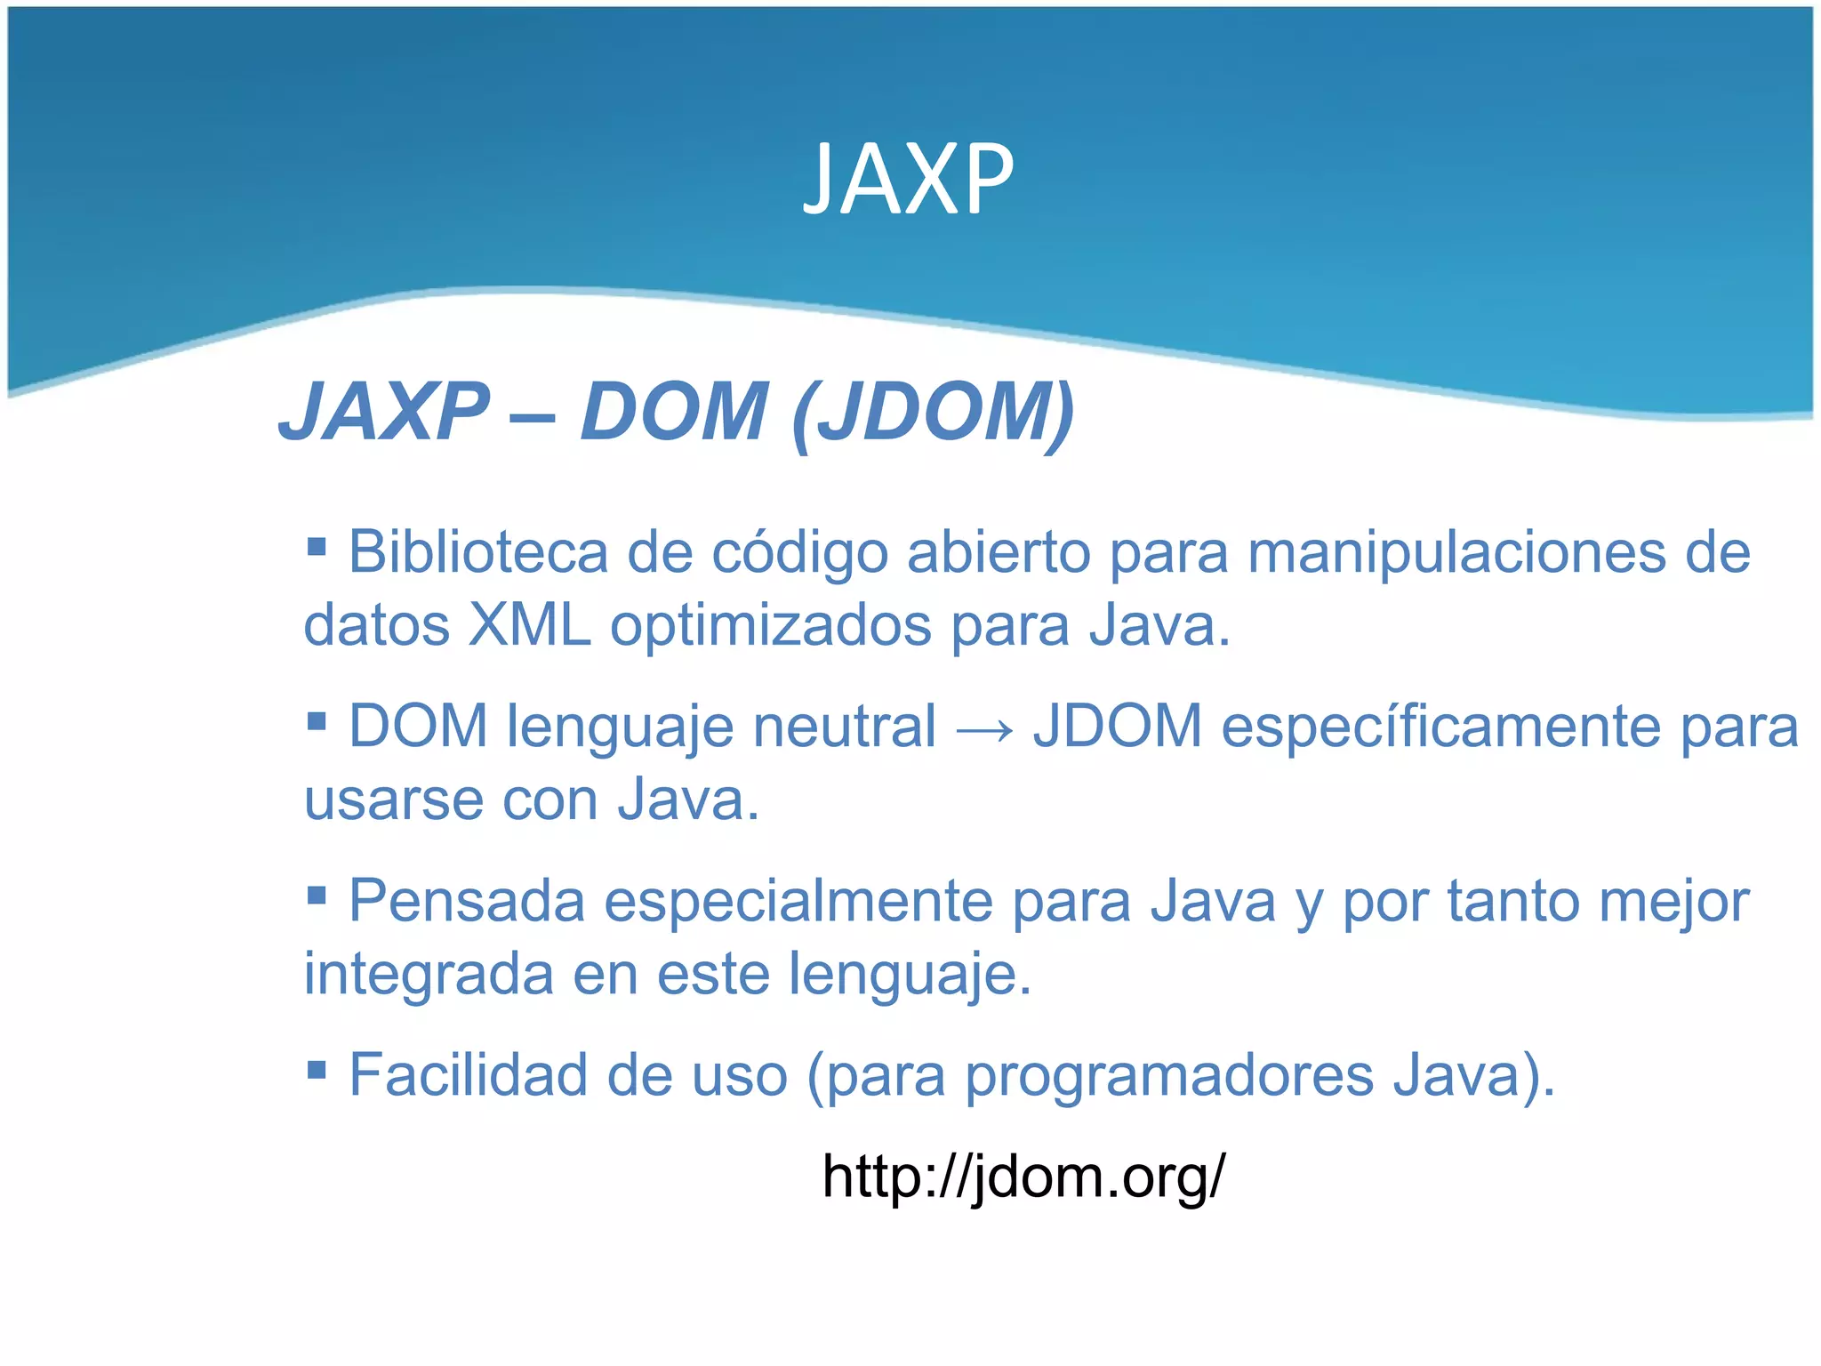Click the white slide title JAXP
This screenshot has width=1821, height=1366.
coord(908,181)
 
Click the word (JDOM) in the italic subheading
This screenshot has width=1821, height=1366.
coord(934,412)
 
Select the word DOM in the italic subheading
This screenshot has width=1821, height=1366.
coord(673,412)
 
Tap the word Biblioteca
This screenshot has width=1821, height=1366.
coord(477,553)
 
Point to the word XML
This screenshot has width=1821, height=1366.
coord(529,626)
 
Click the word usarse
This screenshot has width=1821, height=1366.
coord(394,800)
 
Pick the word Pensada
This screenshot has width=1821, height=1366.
coord(467,902)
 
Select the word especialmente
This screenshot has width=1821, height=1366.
coord(798,904)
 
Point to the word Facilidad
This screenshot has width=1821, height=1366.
coord(468,1076)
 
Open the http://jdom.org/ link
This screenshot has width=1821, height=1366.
coord(1023,1177)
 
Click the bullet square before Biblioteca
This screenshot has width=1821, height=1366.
coord(317,544)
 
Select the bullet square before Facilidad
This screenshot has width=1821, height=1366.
coord(317,1068)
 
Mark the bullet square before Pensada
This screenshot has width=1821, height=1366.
coord(317,894)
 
